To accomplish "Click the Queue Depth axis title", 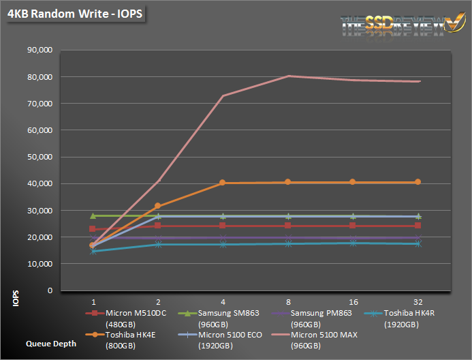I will tap(51, 344).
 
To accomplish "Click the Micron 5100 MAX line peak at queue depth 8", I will tap(289, 76).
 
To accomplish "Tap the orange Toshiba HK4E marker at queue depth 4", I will tap(223, 183).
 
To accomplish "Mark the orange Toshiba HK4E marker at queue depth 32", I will tap(418, 182).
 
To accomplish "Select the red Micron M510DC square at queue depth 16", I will tap(352, 226).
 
